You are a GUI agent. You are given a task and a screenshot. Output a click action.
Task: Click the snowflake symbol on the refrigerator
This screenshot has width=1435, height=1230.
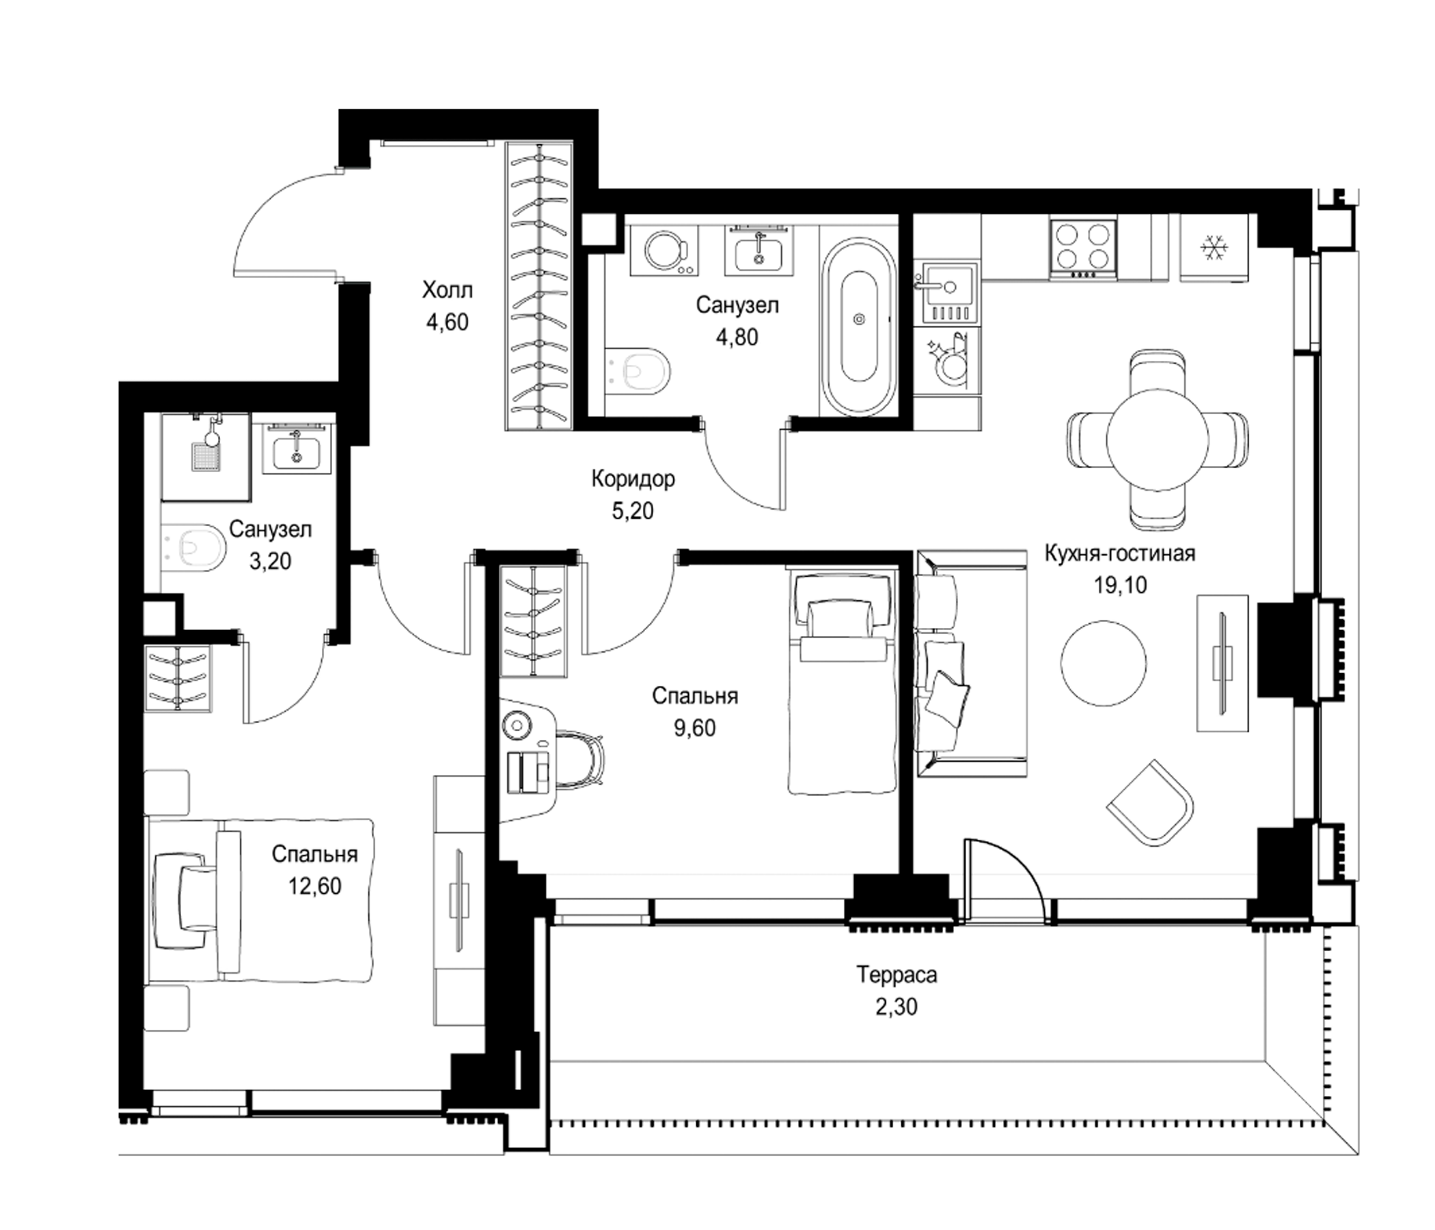click(1213, 248)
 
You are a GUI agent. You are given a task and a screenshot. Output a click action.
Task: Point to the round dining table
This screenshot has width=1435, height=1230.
click(1158, 439)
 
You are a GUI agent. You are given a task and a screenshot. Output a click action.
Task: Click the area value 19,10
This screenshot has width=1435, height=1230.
click(1120, 585)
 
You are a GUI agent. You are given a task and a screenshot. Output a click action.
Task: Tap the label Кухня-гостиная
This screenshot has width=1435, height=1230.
click(1120, 553)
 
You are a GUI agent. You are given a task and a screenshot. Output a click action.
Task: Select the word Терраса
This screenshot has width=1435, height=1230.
click(897, 975)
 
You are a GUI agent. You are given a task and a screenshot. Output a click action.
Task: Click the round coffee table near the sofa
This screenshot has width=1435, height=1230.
click(1104, 664)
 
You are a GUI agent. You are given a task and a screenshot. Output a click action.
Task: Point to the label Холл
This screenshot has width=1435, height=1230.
click(448, 290)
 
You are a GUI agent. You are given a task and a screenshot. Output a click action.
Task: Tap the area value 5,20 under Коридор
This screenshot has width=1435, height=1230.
click(632, 511)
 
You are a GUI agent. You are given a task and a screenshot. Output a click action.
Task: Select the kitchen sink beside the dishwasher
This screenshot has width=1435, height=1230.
click(946, 295)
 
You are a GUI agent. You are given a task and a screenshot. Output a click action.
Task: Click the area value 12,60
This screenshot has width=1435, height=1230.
click(314, 886)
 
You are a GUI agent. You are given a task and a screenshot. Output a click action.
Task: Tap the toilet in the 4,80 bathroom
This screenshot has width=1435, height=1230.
click(637, 370)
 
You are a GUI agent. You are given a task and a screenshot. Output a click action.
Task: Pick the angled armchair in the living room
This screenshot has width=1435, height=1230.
click(1150, 803)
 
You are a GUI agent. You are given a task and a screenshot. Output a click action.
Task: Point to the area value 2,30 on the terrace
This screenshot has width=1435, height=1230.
click(896, 1007)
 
